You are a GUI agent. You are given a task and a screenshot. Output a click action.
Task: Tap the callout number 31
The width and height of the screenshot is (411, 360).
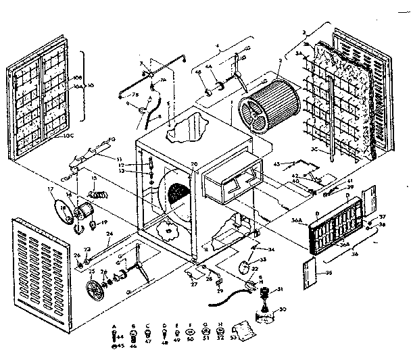[281, 290]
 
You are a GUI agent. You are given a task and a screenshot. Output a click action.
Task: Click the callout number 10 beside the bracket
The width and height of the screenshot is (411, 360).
[91, 86]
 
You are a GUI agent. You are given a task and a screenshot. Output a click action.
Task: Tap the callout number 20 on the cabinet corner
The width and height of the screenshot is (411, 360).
[193, 165]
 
